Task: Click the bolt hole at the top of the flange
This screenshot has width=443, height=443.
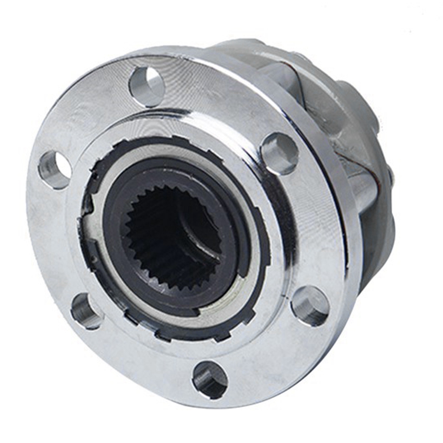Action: (147, 84)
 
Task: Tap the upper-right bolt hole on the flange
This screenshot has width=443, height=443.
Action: (280, 153)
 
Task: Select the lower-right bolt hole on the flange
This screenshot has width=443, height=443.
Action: (310, 306)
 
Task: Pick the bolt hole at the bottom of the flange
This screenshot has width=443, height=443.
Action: (210, 379)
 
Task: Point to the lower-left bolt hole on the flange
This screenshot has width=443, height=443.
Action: (85, 310)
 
